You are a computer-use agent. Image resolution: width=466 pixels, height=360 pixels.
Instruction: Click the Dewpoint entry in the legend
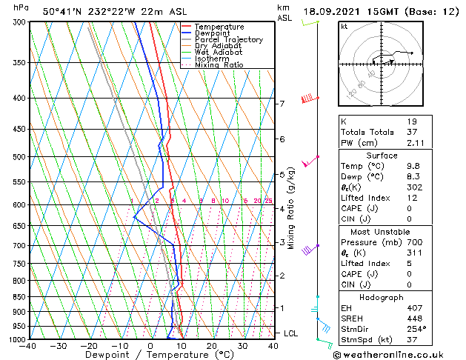[213, 33]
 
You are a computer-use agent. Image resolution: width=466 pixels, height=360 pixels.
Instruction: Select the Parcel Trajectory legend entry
[228, 40]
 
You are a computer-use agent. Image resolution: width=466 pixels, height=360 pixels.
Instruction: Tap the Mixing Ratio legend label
[219, 65]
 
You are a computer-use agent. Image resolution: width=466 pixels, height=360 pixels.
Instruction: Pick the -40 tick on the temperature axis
[29, 346]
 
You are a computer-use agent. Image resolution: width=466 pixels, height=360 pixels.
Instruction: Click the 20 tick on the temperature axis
[212, 346]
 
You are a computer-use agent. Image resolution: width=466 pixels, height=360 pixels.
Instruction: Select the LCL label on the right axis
[291, 333]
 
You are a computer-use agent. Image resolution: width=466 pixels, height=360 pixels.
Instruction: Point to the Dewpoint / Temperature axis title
[150, 355]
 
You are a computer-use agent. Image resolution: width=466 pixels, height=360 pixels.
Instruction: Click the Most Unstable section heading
[381, 232]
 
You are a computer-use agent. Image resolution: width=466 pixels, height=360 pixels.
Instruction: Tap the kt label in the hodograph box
[344, 27]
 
